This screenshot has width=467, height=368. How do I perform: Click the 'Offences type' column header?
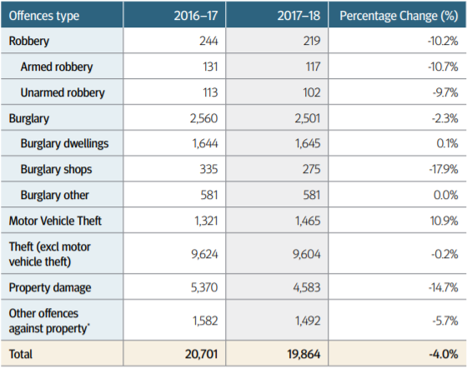pyautogui.click(x=44, y=16)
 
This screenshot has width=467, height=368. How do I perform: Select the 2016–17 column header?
pyautogui.click(x=196, y=16)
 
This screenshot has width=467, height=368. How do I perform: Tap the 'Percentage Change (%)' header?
pyautogui.click(x=399, y=16)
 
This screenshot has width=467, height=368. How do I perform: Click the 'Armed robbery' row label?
pyautogui.click(x=57, y=67)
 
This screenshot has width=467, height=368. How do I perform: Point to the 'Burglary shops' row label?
pyautogui.click(x=57, y=170)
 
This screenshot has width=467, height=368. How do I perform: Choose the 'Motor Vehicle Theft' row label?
pyautogui.click(x=55, y=221)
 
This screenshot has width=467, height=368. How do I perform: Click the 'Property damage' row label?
pyautogui.click(x=50, y=288)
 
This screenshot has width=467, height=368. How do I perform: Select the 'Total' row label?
pyautogui.click(x=21, y=354)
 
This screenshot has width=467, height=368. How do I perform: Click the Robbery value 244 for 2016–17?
pyautogui.click(x=208, y=41)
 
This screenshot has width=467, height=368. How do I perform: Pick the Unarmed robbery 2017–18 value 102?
pyautogui.click(x=312, y=92)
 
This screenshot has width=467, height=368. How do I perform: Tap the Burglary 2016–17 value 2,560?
pyautogui.click(x=203, y=118)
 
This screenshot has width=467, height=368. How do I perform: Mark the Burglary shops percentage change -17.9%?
pyautogui.click(x=444, y=170)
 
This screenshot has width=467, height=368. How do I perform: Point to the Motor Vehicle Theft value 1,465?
pyautogui.click(x=308, y=221)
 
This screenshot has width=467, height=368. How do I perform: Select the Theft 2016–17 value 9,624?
pyautogui.click(x=204, y=254)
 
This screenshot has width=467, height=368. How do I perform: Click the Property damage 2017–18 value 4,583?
pyautogui.click(x=307, y=287)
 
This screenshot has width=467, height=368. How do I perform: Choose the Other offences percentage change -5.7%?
pyautogui.click(x=445, y=321)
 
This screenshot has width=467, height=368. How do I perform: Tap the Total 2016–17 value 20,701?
pyautogui.click(x=201, y=354)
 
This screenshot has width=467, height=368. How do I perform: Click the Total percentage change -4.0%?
pyautogui.click(x=444, y=354)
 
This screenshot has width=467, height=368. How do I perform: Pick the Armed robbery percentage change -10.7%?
pyautogui.click(x=443, y=67)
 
